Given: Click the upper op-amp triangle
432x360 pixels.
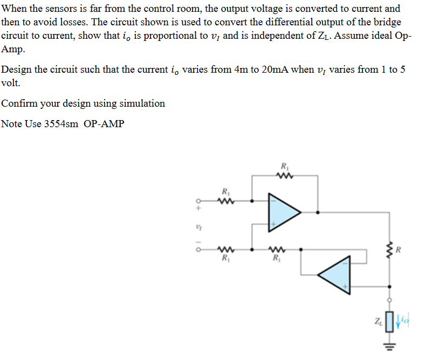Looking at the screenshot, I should (283, 212).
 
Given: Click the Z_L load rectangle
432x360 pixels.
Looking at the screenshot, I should (388, 322).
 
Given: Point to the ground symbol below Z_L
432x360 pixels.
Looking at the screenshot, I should (388, 345).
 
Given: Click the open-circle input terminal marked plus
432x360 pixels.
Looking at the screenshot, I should (198, 201).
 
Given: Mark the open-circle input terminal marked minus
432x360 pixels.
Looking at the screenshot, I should (198, 250).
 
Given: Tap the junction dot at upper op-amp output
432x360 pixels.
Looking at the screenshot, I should (317, 212).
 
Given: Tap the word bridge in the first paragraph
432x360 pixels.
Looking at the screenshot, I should (388, 23).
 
